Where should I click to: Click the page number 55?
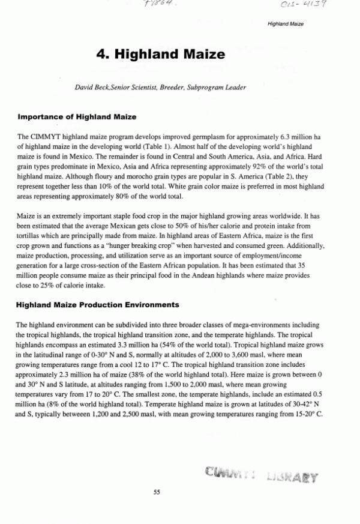[x=157, y=492]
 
